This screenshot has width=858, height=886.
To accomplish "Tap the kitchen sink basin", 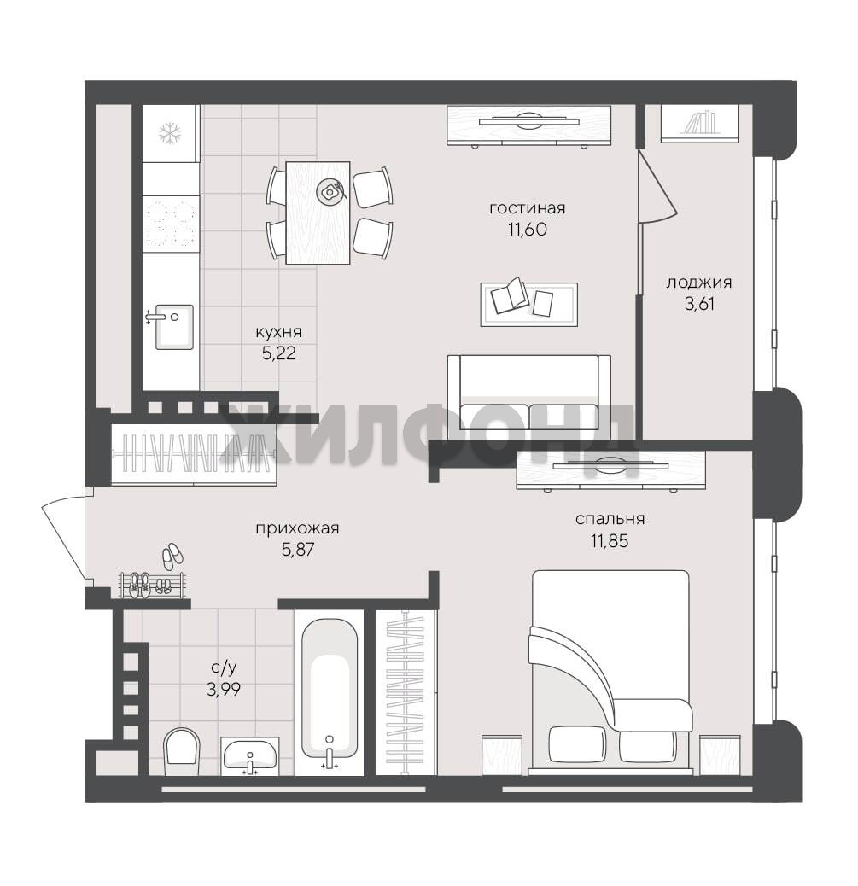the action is (x=175, y=327).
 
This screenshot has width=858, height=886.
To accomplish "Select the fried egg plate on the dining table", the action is (x=329, y=191).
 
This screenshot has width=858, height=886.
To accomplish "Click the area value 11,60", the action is (x=527, y=230).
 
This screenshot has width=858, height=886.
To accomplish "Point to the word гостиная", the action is (x=528, y=208).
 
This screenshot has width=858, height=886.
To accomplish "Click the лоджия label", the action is (x=698, y=283).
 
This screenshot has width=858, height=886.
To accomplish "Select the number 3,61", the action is (x=700, y=304).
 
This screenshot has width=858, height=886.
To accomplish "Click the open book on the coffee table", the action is (x=510, y=294).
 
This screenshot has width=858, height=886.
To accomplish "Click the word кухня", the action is (x=278, y=332).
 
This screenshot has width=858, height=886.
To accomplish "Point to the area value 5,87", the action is (x=298, y=549).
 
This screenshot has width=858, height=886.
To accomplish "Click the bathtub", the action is (x=330, y=695).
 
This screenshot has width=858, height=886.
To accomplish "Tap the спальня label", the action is (x=610, y=519).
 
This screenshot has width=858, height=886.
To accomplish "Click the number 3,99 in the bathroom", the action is (x=224, y=690).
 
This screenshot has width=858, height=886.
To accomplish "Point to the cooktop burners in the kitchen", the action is (x=170, y=224).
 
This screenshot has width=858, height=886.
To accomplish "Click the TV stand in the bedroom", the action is (x=610, y=469).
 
